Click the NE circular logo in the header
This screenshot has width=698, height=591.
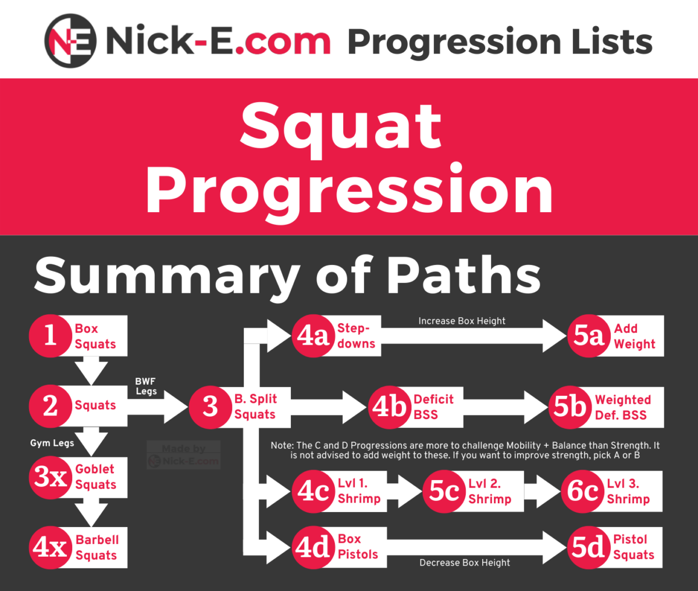point(70,41)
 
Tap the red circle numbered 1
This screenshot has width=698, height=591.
point(51,336)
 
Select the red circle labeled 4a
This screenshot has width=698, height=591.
point(314,336)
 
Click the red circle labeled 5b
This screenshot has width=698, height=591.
point(570,407)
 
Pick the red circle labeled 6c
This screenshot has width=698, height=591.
point(582,492)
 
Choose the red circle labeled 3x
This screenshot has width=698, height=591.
point(51,477)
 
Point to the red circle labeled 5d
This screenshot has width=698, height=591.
point(589,547)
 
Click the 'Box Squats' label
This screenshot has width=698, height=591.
point(95,336)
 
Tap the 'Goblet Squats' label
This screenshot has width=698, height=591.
point(95,477)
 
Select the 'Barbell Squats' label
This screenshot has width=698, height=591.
point(97,547)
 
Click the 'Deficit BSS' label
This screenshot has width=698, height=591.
point(433,407)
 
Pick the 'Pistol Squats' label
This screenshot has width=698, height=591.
point(633,547)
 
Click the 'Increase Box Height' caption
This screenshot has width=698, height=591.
point(462,321)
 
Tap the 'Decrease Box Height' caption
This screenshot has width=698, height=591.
point(465,563)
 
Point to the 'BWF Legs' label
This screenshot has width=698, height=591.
point(146,386)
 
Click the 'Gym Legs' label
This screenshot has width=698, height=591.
point(52,443)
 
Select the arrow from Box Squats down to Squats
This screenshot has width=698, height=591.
point(91,370)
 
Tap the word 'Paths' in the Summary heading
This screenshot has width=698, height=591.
point(463,275)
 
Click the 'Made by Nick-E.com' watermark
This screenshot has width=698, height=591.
point(184,454)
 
